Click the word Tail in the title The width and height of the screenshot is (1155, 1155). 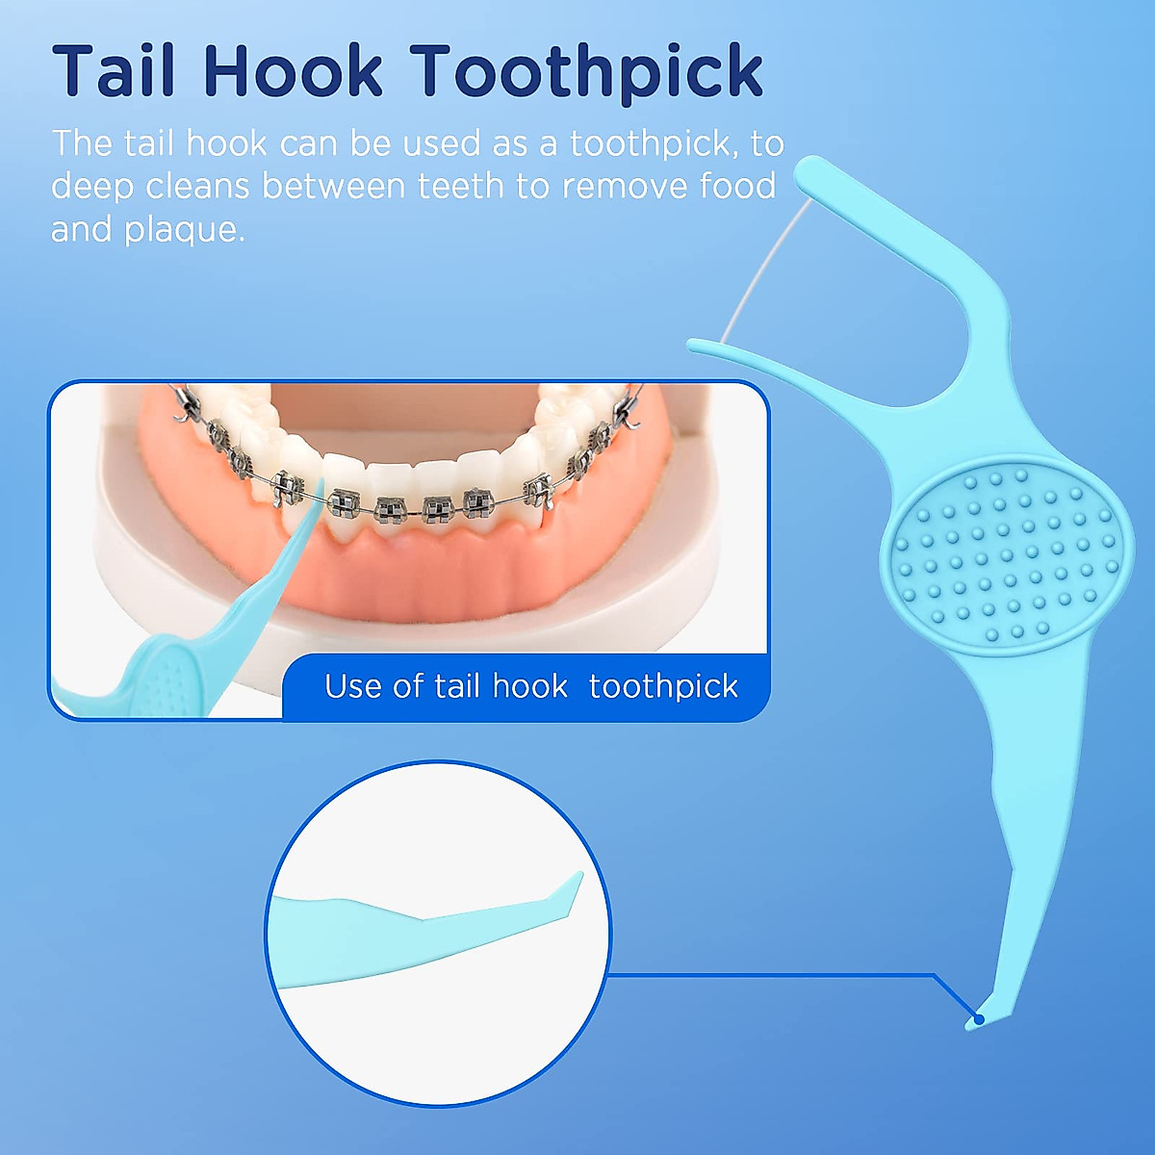pos(114,70)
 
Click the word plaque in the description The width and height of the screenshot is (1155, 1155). pos(184,231)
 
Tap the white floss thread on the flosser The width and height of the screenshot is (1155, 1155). pos(766,270)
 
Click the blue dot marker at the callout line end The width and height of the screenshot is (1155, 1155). pos(979,1019)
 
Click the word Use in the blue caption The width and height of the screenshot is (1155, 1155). pos(353,685)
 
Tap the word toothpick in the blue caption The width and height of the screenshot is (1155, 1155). pos(663,687)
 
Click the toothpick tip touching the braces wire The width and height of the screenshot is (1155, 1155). pos(321,484)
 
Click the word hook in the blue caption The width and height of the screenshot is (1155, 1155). pos(529,685)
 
